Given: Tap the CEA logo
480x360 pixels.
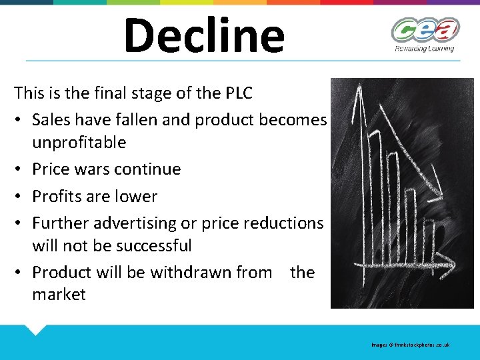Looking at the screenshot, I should (x=425, y=29).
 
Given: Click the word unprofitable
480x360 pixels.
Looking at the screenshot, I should (x=79, y=142).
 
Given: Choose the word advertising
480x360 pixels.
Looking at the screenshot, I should (x=136, y=223).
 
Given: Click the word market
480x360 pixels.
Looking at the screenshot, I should (x=59, y=295).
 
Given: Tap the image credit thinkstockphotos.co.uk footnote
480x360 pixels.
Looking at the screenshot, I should (x=411, y=345).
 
